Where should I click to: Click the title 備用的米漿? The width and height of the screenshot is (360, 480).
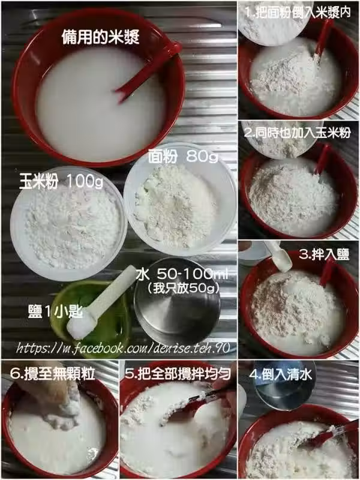pyautogui.click(x=100, y=37)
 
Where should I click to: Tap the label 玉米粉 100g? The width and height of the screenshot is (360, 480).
pyautogui.click(x=61, y=181)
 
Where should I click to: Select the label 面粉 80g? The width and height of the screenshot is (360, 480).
pyautogui.click(x=184, y=157)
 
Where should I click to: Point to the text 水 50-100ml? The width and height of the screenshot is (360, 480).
pyautogui.click(x=182, y=274)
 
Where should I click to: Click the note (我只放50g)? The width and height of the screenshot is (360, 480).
pyautogui.click(x=183, y=289)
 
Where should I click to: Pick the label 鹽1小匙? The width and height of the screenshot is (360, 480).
pyautogui.click(x=55, y=311)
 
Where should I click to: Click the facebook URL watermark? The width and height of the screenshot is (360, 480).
pyautogui.click(x=123, y=348)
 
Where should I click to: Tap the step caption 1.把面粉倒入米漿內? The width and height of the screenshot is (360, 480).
pyautogui.click(x=298, y=13)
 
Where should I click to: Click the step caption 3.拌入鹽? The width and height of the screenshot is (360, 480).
pyautogui.click(x=324, y=254)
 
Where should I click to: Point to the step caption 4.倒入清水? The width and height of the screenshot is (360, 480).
pyautogui.click(x=280, y=374)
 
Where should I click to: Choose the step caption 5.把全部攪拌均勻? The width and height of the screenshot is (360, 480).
pyautogui.click(x=178, y=373)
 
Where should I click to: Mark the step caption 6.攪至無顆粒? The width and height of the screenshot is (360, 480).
pyautogui.click(x=52, y=373)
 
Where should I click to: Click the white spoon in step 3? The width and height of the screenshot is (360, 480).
pyautogui.click(x=279, y=257)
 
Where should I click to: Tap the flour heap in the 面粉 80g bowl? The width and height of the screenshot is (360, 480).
pyautogui.click(x=175, y=206)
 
